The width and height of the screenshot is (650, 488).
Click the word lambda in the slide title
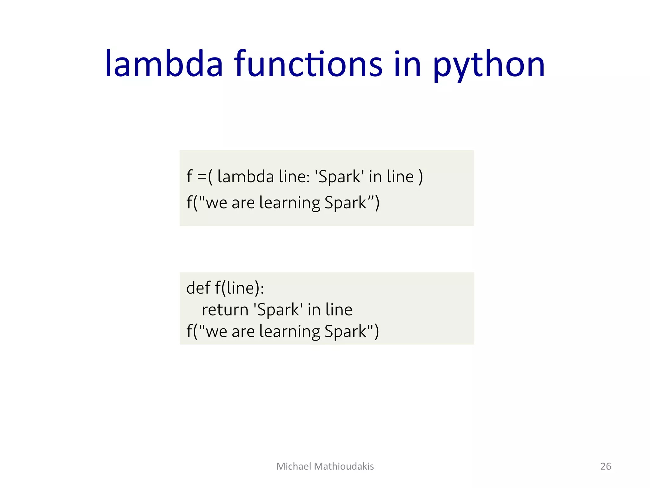tap(164, 64)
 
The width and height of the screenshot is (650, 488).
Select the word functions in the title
tap(308, 64)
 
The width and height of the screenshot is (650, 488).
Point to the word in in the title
tap(408, 64)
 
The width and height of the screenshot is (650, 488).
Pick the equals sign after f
tap(202, 177)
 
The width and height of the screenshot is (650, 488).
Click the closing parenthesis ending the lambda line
tap(421, 177)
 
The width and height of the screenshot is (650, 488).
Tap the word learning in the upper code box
tap(290, 203)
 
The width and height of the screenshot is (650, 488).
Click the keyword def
tap(198, 288)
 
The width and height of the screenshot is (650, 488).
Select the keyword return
tap(225, 310)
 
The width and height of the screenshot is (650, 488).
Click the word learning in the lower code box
tap(290, 331)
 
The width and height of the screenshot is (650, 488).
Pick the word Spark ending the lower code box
tap(345, 331)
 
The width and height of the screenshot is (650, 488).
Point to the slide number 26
tap(606, 466)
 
